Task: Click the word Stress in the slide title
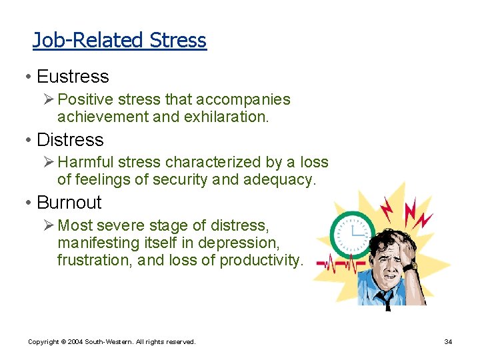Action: (x=178, y=41)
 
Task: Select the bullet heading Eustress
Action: (x=73, y=77)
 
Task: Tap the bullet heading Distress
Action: (x=70, y=139)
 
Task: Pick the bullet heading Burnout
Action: (x=69, y=202)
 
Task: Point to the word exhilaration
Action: (x=228, y=117)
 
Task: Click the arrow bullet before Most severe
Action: (x=49, y=225)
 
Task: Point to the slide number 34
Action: (x=449, y=341)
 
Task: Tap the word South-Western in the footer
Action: (x=110, y=341)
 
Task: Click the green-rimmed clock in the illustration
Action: (x=351, y=235)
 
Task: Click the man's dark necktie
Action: (x=386, y=300)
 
